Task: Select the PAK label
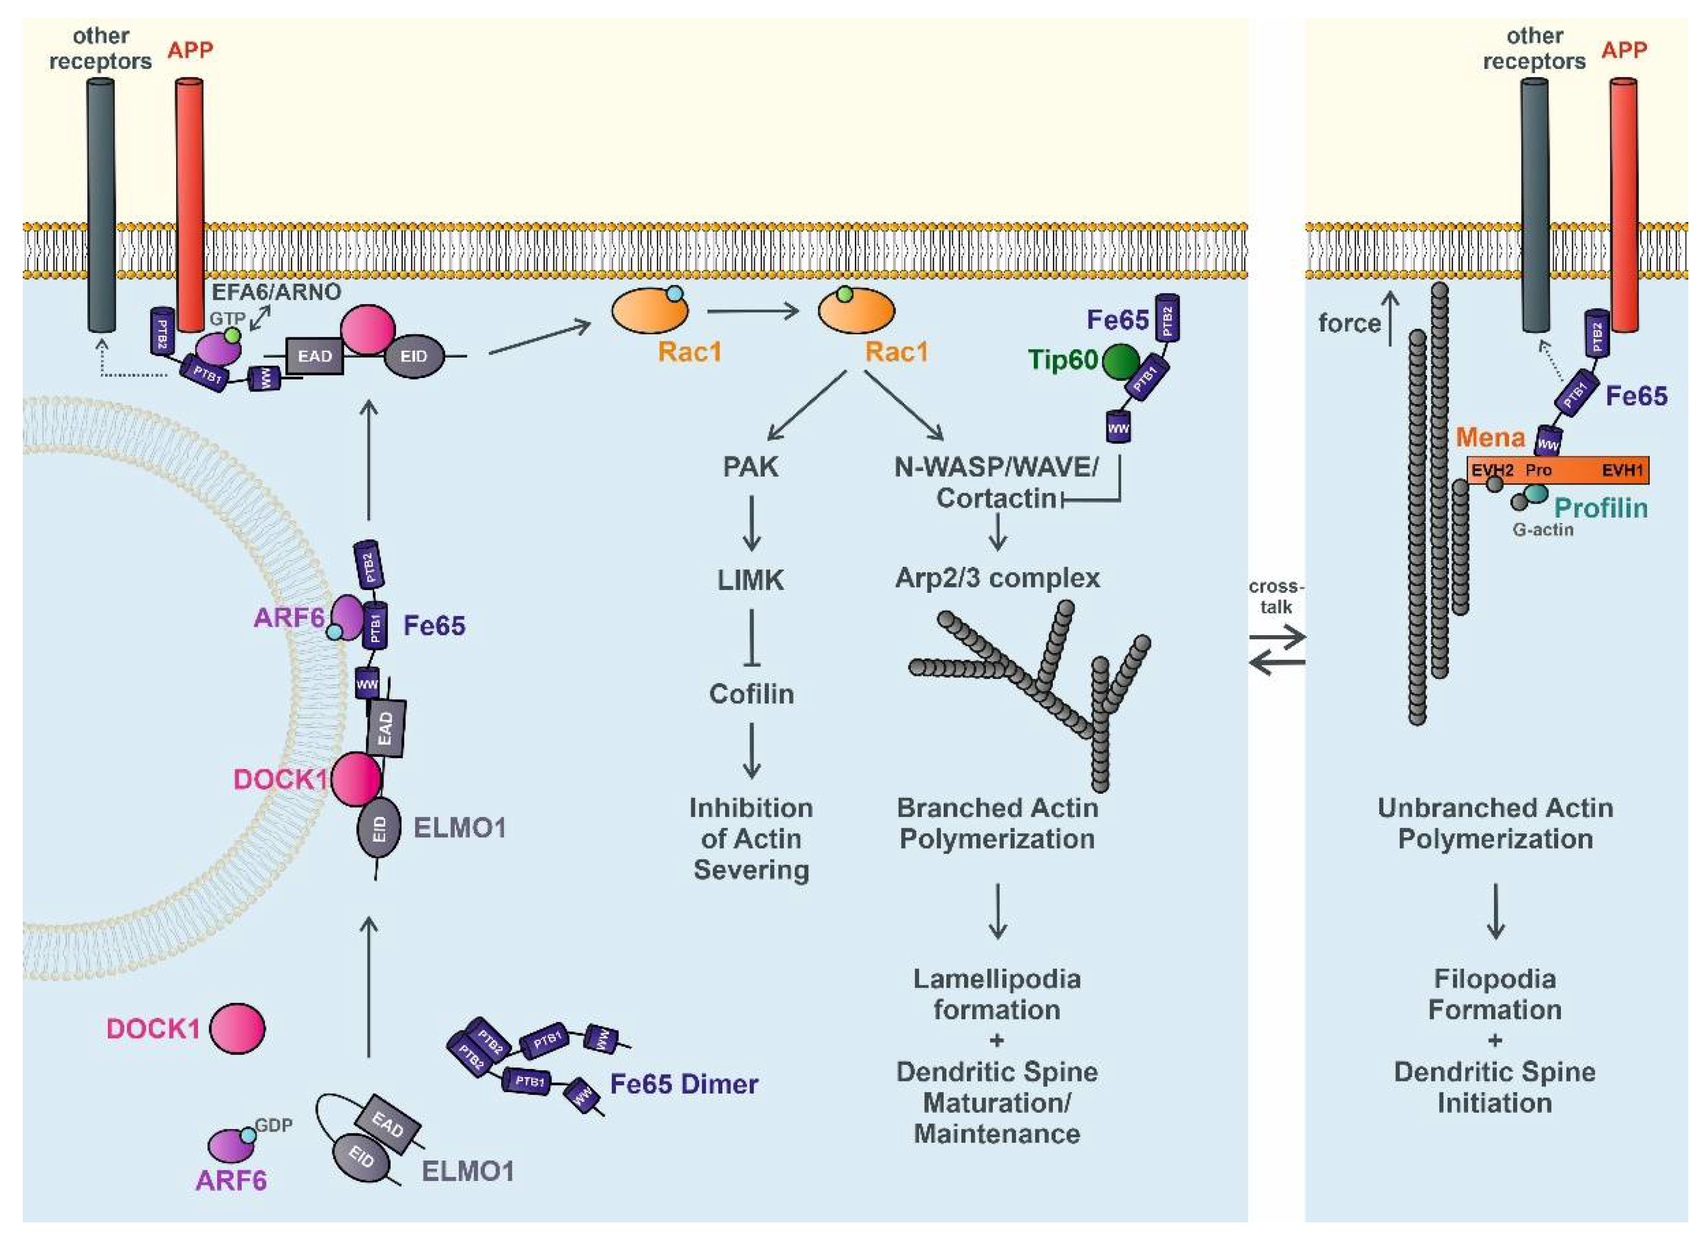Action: (x=750, y=467)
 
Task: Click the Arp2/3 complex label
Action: (x=998, y=578)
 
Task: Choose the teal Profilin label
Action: (x=1600, y=509)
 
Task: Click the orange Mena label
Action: (x=1490, y=437)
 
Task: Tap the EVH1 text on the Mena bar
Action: (x=1622, y=471)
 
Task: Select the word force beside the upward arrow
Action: (x=1349, y=324)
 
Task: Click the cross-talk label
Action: (x=1276, y=597)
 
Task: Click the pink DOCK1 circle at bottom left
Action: (x=237, y=1028)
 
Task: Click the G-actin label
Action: (x=1543, y=530)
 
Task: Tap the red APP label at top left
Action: (x=190, y=50)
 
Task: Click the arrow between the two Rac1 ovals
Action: (x=752, y=310)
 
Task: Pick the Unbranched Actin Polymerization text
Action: (x=1494, y=823)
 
